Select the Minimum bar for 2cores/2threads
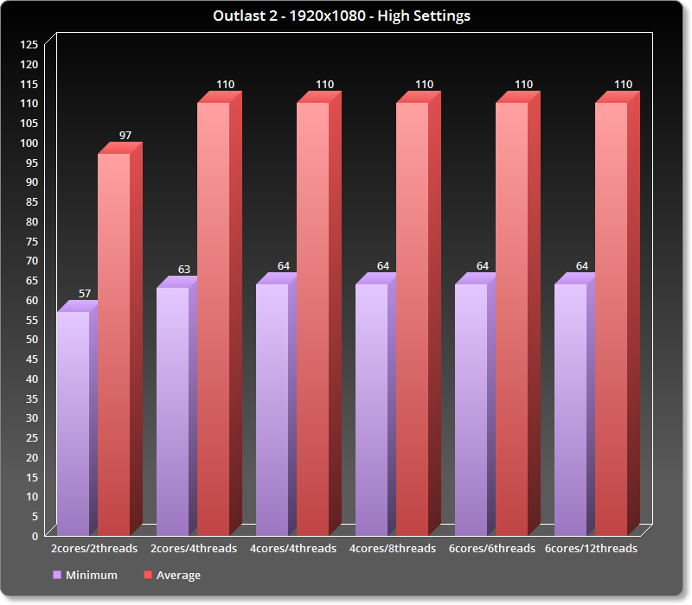(x=73, y=423)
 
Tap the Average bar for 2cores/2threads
(x=113, y=346)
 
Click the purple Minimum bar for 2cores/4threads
(x=172, y=411)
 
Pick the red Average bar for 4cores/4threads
(x=312, y=320)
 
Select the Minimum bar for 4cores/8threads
(x=371, y=411)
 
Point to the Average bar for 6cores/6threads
(x=511, y=320)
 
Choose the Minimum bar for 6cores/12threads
(x=570, y=411)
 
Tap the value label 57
(x=85, y=294)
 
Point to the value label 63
(x=184, y=270)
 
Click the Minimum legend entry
(x=85, y=575)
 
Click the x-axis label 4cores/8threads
(x=392, y=548)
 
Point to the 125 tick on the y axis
(x=29, y=44)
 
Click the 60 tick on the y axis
(x=32, y=300)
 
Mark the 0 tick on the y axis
(x=35, y=536)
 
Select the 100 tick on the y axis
(x=29, y=143)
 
